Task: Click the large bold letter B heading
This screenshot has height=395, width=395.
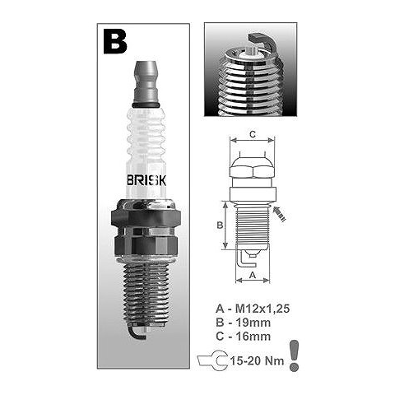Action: pyautogui.click(x=115, y=42)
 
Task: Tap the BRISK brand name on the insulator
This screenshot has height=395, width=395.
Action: pyautogui.click(x=146, y=180)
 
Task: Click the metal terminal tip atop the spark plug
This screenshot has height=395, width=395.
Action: pyautogui.click(x=146, y=82)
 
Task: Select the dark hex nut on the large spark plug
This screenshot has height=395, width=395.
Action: pyautogui.click(x=146, y=218)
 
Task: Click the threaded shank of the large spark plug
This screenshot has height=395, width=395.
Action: pyautogui.click(x=146, y=294)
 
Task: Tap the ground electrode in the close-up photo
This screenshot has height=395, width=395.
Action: pyautogui.click(x=263, y=42)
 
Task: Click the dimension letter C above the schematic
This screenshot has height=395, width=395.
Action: pyautogui.click(x=253, y=134)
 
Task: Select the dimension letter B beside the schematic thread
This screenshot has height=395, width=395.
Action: pyautogui.click(x=220, y=225)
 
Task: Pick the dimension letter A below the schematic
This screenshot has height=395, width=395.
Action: pyautogui.click(x=253, y=275)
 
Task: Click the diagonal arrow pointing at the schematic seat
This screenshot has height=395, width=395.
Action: pyautogui.click(x=280, y=214)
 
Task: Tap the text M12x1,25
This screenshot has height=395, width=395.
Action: pyautogui.click(x=263, y=309)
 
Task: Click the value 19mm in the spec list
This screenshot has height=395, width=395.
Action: pyautogui.click(x=253, y=323)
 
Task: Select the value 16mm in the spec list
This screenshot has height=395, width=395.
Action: pyautogui.click(x=253, y=336)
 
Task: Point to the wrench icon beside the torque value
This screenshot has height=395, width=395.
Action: pyautogui.click(x=213, y=360)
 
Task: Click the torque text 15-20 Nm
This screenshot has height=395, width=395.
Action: pyautogui.click(x=257, y=360)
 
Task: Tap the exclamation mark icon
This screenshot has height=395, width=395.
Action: pyautogui.click(x=294, y=355)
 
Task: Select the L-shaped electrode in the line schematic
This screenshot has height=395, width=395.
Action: pyautogui.click(x=246, y=260)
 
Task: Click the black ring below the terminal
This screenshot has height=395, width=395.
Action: pyautogui.click(x=146, y=105)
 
